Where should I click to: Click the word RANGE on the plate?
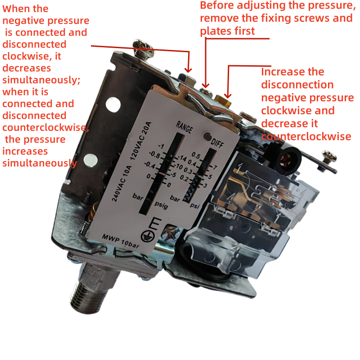(x=184, y=127)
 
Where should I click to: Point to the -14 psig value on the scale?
(x=181, y=159)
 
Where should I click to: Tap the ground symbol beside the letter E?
(x=145, y=234)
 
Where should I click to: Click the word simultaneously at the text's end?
(x=40, y=163)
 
